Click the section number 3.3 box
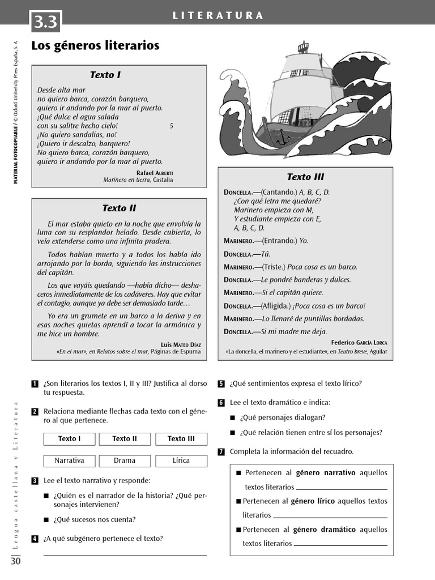point(45,22)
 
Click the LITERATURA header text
point(218,15)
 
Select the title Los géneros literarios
point(95,46)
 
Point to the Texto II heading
point(119,208)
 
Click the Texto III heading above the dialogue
point(305,177)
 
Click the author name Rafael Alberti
point(155,172)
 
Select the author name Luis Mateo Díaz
point(181,344)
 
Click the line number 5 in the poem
point(171,126)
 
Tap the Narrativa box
point(69,460)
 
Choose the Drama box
point(125,460)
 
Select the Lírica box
point(181,460)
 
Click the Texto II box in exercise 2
point(125,439)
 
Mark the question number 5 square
point(221,384)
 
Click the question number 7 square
point(221,451)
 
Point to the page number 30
point(15,561)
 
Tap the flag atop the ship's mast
point(304,45)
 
